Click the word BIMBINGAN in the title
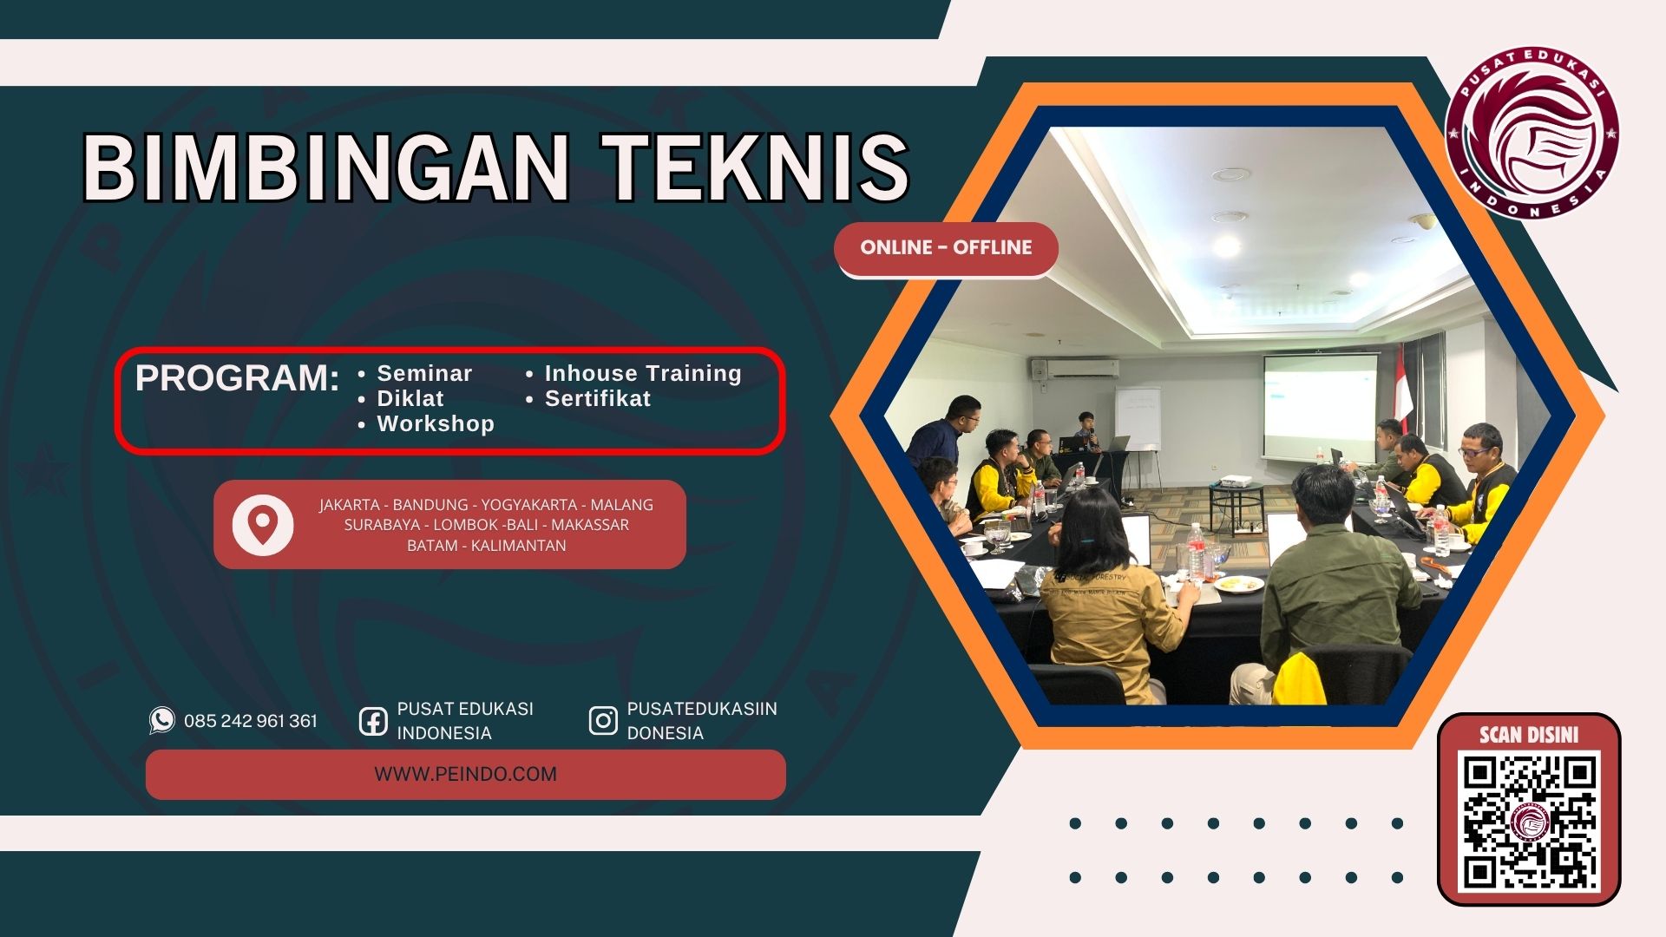(325, 167)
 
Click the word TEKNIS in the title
(758, 167)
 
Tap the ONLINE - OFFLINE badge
(946, 248)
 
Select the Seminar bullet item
(424, 374)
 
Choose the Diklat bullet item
(410, 399)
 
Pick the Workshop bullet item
(436, 424)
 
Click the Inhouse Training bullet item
(643, 374)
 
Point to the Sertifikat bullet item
(597, 399)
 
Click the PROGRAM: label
(237, 378)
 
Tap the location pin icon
(262, 525)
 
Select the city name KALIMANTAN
(518, 546)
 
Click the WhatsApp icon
(161, 720)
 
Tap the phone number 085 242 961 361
(251, 721)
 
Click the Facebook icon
(373, 721)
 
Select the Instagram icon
(603, 721)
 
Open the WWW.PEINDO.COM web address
(466, 775)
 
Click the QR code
(1530, 822)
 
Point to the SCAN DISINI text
(1529, 736)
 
